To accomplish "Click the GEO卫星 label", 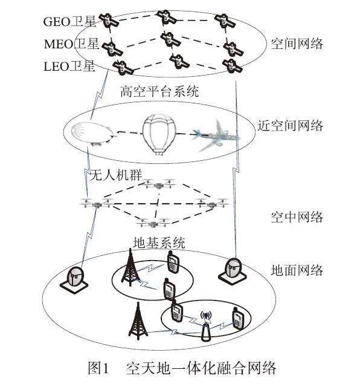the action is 69,22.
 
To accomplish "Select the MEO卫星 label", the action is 71,44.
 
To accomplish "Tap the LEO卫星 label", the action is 69,66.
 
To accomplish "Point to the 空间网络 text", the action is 297,44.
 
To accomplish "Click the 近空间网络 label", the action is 290,125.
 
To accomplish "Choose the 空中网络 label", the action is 297,217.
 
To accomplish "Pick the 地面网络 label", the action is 297,270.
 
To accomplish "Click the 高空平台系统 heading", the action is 159,91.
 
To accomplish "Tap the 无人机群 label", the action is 115,175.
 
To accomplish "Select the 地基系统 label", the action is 159,242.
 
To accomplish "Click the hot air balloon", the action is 159,134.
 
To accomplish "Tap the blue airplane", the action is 215,136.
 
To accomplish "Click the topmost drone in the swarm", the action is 159,184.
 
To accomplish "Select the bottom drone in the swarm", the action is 152,223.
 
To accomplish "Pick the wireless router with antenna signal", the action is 206,326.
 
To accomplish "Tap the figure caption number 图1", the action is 98,368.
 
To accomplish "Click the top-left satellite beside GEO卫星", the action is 108,21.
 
